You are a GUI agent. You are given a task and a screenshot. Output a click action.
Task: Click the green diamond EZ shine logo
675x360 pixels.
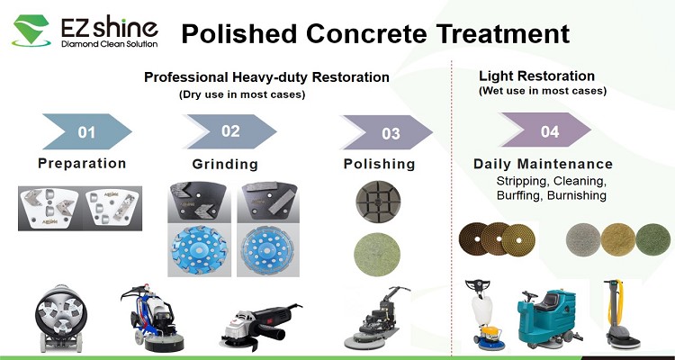(x=31, y=30)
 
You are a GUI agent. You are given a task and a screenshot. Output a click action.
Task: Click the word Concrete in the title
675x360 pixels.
(x=367, y=33)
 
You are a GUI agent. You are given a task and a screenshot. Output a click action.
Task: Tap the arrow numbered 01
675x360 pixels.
(x=87, y=131)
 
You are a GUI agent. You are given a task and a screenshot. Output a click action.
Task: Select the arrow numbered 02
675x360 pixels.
(x=230, y=130)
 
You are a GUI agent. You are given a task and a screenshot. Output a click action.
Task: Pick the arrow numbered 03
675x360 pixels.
(x=387, y=132)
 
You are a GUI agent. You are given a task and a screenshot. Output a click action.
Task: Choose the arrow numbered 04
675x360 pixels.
(x=546, y=130)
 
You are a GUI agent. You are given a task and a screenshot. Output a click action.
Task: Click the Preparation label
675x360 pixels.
(x=82, y=163)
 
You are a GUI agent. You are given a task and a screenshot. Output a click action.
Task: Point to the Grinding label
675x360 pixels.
(x=225, y=164)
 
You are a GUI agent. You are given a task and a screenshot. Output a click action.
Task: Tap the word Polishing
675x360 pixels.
(x=379, y=164)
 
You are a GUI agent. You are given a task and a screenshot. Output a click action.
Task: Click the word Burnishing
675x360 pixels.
(x=577, y=195)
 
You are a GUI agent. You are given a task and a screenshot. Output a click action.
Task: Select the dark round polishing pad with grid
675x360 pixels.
(x=378, y=202)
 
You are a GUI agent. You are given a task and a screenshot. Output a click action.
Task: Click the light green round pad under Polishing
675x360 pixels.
(x=377, y=255)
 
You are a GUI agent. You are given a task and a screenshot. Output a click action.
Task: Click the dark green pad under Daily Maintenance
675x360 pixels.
(x=652, y=240)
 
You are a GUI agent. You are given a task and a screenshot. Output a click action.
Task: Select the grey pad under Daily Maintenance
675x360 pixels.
(x=583, y=240)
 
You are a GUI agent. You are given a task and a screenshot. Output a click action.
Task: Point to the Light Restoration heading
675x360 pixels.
(x=536, y=76)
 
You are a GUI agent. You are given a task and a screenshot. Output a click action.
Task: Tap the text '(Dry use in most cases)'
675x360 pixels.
(x=242, y=94)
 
